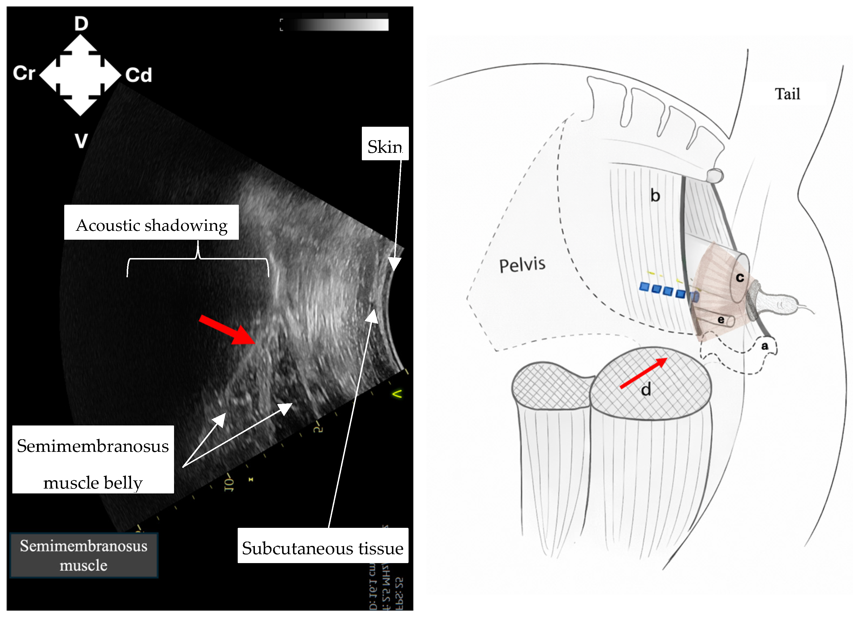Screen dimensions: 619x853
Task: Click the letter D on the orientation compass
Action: [81, 24]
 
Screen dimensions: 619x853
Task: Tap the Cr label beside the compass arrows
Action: [24, 73]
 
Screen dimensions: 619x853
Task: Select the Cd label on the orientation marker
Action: [138, 75]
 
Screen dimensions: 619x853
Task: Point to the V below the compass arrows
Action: [81, 141]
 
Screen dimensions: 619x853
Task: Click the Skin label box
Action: [385, 146]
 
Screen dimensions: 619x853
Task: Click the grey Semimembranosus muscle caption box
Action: [83, 555]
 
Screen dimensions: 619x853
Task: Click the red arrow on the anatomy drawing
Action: [643, 373]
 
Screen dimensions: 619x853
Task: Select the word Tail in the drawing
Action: [787, 94]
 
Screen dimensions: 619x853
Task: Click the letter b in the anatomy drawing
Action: [655, 196]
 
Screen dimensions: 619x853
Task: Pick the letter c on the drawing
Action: [740, 278]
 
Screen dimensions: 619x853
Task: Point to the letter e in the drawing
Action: [721, 320]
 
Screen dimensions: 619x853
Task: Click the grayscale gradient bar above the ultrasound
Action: [335, 24]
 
